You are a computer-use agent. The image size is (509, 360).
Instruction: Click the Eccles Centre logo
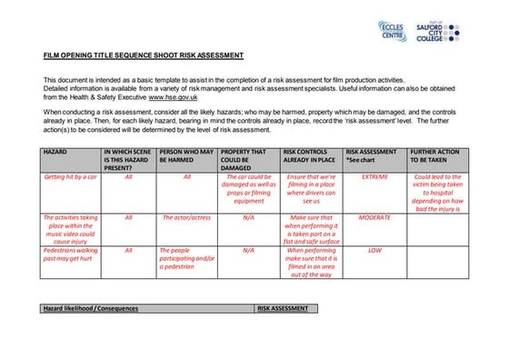393,30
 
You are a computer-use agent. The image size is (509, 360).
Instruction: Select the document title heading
144,55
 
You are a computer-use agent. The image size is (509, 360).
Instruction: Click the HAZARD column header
57,153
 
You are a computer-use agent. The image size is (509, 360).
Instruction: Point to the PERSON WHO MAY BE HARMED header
186,156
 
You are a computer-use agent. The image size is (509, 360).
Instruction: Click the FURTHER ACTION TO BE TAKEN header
435,156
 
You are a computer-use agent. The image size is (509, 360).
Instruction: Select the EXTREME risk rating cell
374,176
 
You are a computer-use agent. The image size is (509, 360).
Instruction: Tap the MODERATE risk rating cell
374,218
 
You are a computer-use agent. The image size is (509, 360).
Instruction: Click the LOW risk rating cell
374,249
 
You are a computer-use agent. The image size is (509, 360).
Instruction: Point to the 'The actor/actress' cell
187,218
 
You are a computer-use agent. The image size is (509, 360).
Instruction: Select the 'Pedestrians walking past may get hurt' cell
71,254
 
